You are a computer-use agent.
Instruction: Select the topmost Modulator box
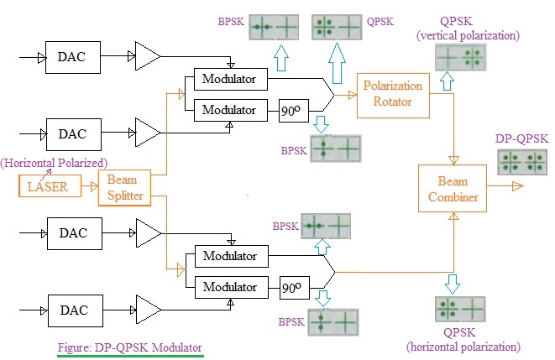[x=229, y=81]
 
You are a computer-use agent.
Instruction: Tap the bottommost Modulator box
[x=229, y=287]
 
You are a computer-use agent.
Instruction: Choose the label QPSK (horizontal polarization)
[x=463, y=339]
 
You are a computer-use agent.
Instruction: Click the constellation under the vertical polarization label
[x=460, y=57]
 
